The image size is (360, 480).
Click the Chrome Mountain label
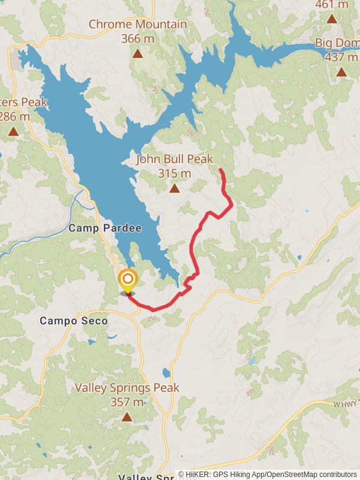click(x=137, y=25)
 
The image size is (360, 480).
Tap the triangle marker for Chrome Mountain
click(x=137, y=53)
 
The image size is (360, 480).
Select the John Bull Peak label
click(x=174, y=160)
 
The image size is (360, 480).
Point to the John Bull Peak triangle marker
click(x=174, y=188)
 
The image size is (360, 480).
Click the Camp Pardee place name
click(x=105, y=229)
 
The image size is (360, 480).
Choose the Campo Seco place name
click(x=74, y=321)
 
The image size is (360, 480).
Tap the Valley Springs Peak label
click(x=127, y=388)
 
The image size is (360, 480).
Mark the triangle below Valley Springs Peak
click(x=127, y=416)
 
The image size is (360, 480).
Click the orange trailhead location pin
click(x=127, y=280)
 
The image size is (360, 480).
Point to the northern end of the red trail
click(x=221, y=170)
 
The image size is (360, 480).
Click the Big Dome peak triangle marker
click(x=341, y=72)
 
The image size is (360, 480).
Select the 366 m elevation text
click(x=137, y=38)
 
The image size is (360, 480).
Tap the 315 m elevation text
click(x=174, y=174)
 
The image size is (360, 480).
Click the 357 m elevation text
click(x=127, y=402)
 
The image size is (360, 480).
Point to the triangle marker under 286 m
click(x=13, y=131)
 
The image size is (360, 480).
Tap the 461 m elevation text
click(x=332, y=5)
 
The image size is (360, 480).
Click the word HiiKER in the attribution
click(x=201, y=475)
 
